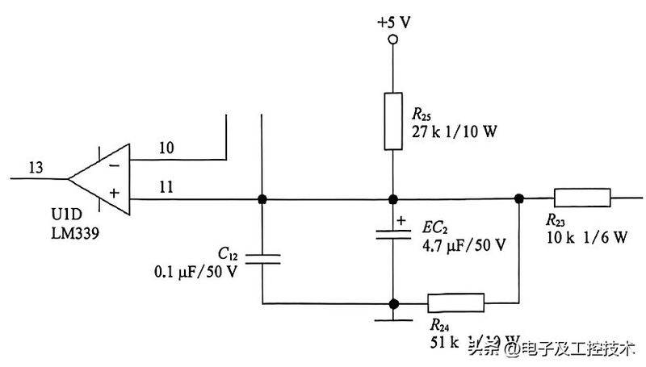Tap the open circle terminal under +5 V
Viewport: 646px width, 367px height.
[x=392, y=40]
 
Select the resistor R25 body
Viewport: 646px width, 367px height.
[x=392, y=121]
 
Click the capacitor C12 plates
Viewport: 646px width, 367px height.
[x=262, y=258]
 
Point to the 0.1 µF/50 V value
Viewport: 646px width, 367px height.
[x=196, y=271]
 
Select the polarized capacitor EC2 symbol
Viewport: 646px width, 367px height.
[x=392, y=234]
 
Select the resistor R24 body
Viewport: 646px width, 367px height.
[x=455, y=304]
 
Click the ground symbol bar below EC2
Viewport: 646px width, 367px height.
[x=392, y=321]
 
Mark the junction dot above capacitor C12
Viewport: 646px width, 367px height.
[x=262, y=198]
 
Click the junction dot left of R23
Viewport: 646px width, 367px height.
[x=518, y=198]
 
